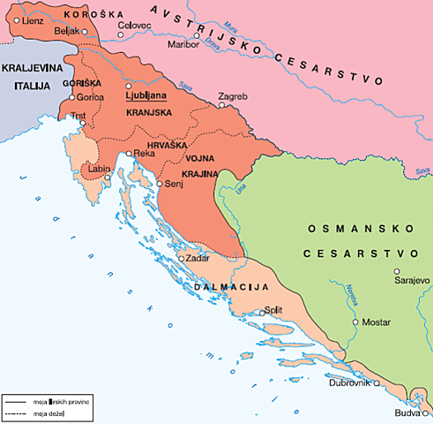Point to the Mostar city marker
pos(355,322)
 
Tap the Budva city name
pos(407,413)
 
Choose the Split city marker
pos(258,311)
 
